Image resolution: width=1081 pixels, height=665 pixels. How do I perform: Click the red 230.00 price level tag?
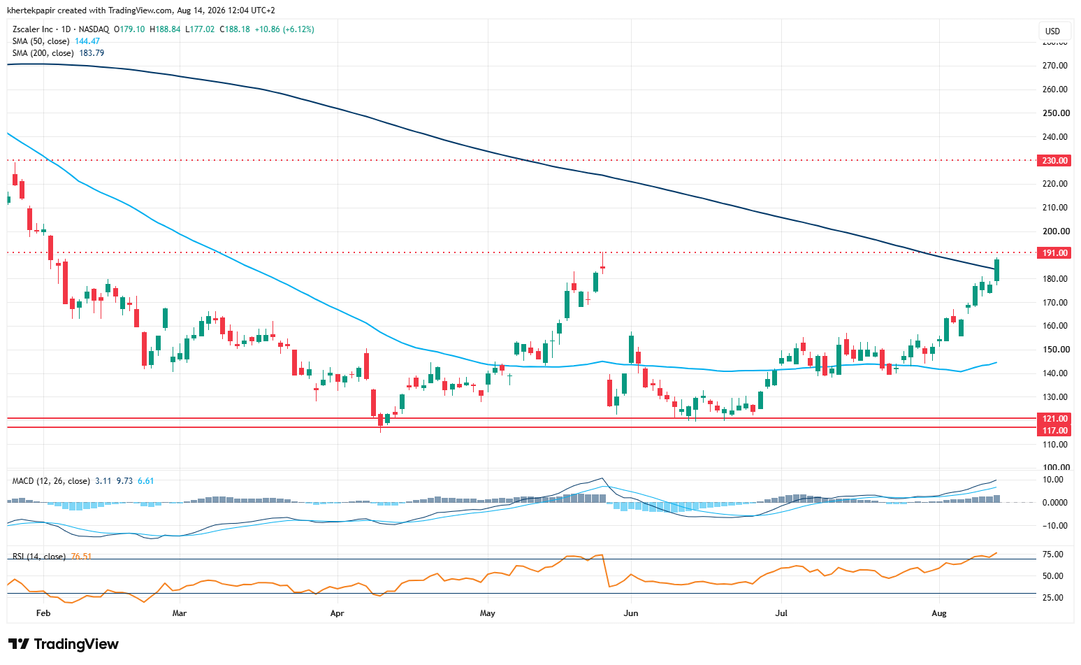point(1054,160)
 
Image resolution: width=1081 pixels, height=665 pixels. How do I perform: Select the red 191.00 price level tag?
point(1054,252)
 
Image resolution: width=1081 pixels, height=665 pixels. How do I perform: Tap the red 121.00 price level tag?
point(1054,419)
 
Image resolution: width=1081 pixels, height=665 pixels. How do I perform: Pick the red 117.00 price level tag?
point(1054,430)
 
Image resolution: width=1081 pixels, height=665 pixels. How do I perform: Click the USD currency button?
point(1052,31)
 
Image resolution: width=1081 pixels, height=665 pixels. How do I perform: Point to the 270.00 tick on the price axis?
point(1055,66)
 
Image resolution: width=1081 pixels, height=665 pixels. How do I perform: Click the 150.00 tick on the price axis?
point(1055,350)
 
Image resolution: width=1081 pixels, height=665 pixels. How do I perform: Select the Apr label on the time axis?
point(337,613)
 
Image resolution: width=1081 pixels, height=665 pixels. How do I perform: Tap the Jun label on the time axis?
point(631,613)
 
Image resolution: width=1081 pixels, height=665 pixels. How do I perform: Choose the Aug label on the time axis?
point(939,613)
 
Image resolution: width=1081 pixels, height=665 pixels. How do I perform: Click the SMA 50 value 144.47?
point(87,41)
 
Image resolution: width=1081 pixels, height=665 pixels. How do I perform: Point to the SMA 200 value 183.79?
point(92,53)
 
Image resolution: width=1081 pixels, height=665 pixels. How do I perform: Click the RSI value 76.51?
point(81,557)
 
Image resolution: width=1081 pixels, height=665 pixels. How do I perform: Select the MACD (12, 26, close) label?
point(51,481)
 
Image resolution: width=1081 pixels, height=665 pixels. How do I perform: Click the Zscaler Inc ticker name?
point(32,29)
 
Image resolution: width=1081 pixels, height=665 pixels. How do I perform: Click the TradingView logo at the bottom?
point(63,644)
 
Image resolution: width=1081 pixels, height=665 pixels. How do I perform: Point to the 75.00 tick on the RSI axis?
point(1052,555)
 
